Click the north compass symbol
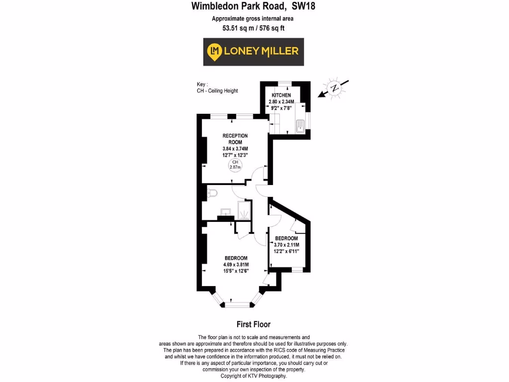pyautogui.click(x=335, y=89)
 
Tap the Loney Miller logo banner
pyautogui.click(x=254, y=51)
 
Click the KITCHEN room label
pyautogui.click(x=281, y=95)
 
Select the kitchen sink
pyautogui.click(x=300, y=126)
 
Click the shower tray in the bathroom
pyautogui.click(x=245, y=210)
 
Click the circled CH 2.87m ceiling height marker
pyautogui.click(x=235, y=165)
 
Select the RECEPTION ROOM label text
pyautogui.click(x=235, y=139)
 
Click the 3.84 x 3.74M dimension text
pyautogui.click(x=235, y=149)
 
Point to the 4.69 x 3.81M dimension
pyautogui.click(x=236, y=264)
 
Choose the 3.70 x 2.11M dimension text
pyautogui.click(x=286, y=244)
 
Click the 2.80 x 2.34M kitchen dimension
pyautogui.click(x=281, y=101)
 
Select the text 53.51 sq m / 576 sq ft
pyautogui.click(x=254, y=28)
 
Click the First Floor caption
pyautogui.click(x=254, y=324)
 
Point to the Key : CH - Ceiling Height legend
pyautogui.click(x=217, y=88)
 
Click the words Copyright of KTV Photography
pyautogui.click(x=254, y=376)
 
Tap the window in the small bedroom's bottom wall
pyautogui.click(x=296, y=270)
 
